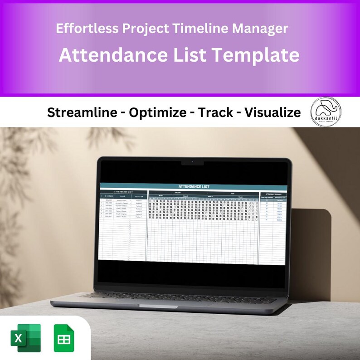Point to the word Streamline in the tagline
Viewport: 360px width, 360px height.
click(82, 113)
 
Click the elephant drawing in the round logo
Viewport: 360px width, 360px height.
click(326, 109)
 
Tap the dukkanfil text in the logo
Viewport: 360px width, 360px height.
click(326, 119)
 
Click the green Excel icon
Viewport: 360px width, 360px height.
click(25, 338)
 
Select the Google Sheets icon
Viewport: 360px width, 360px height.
click(64, 338)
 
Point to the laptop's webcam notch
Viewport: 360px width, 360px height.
click(192, 162)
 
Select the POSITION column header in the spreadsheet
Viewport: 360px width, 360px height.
click(139, 196)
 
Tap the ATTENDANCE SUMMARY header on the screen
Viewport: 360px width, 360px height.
click(273, 194)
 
